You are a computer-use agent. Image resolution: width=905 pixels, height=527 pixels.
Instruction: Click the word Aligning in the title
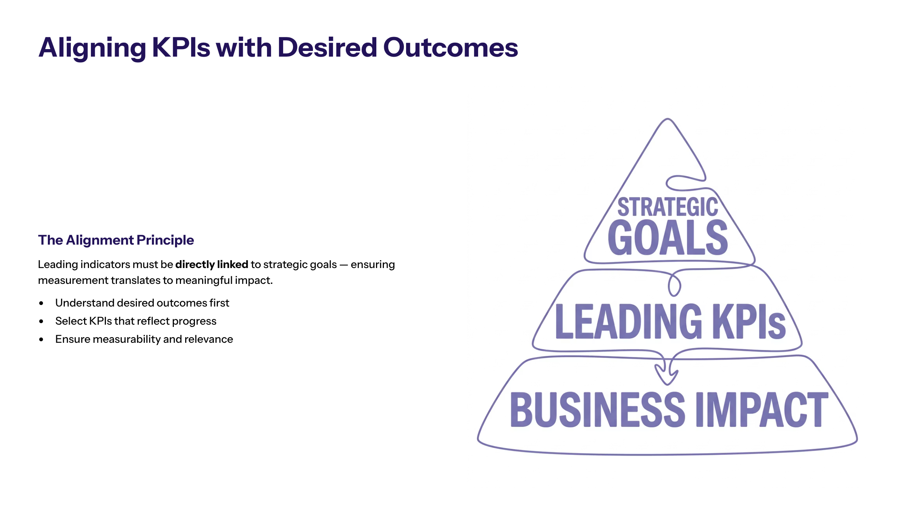(x=92, y=48)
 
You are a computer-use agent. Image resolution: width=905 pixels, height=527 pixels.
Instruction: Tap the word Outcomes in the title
(x=451, y=48)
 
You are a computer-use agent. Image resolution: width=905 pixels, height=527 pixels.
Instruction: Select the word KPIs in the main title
(x=181, y=48)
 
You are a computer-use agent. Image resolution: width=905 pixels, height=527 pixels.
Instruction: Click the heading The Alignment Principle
(x=116, y=240)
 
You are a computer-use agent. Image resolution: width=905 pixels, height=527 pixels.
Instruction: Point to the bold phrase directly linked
(x=212, y=264)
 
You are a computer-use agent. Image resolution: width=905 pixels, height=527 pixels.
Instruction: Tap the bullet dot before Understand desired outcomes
(x=41, y=303)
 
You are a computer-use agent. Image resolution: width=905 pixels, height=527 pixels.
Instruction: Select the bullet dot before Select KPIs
(x=41, y=321)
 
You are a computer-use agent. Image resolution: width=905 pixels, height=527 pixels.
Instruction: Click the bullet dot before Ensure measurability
(x=41, y=339)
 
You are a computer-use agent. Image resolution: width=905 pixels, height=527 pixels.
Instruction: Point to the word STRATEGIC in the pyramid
(x=668, y=207)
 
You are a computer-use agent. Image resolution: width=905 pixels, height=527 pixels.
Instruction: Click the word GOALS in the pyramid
(x=668, y=237)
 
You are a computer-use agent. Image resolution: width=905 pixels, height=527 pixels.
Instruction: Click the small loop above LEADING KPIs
(x=674, y=284)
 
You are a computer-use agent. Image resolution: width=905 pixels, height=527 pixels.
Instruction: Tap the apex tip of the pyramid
(x=668, y=119)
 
